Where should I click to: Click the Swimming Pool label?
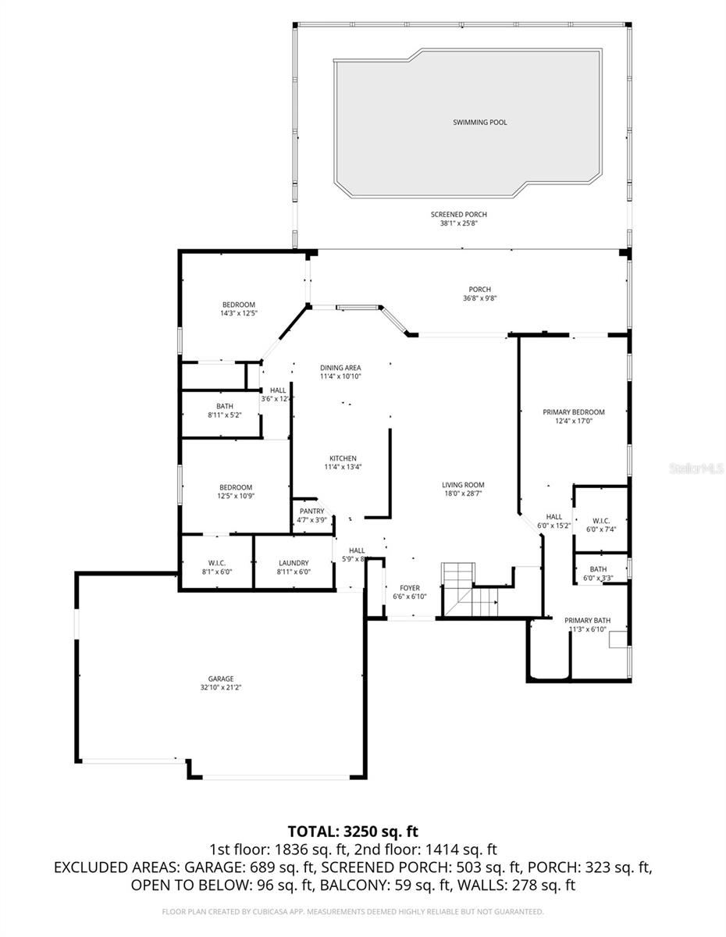(x=479, y=123)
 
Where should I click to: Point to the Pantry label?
(x=311, y=511)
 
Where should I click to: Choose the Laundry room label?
(x=294, y=563)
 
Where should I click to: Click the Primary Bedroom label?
(x=574, y=412)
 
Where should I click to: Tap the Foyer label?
(x=410, y=588)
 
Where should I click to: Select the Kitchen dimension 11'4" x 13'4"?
(x=343, y=467)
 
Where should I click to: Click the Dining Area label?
(x=341, y=367)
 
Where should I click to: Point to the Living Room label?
(x=463, y=485)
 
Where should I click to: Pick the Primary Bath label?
(x=588, y=621)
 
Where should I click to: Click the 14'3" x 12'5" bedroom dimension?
(x=238, y=313)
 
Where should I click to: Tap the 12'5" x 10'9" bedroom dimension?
(x=235, y=496)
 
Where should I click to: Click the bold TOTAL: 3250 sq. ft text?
(x=358, y=831)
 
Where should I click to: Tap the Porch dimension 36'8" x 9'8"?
(x=479, y=298)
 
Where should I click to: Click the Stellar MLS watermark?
(x=697, y=468)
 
